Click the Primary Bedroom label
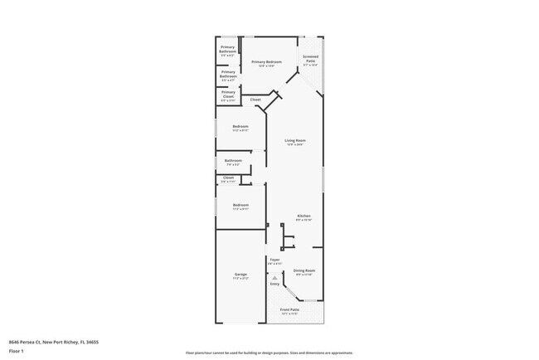[x=267, y=62]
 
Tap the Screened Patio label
[x=310, y=60]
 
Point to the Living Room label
[x=295, y=140]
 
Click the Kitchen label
[x=304, y=216]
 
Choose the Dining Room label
[x=304, y=270]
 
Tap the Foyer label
[x=274, y=260]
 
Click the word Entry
[x=274, y=285]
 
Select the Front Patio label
[x=289, y=309]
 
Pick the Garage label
[x=240, y=274]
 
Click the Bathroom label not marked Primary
[x=233, y=160]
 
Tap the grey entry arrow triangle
[x=274, y=278]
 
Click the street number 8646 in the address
[x=15, y=341]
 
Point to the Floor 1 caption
[x=16, y=351]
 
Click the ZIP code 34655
[x=93, y=341]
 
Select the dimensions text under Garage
[x=240, y=278]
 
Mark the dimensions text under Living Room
[x=295, y=145]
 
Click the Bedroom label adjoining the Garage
[x=240, y=204]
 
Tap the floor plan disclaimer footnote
[x=269, y=353]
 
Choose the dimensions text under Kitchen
[x=304, y=220]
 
